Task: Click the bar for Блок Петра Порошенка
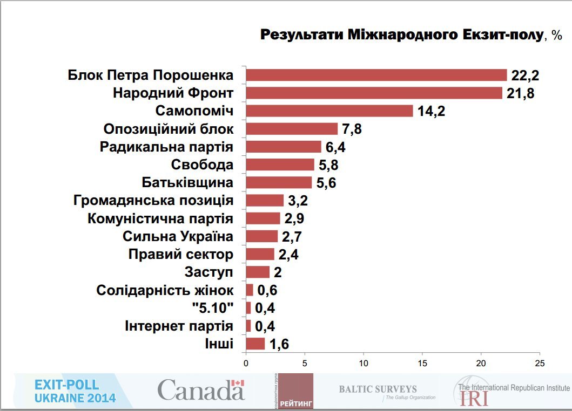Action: pos(376,75)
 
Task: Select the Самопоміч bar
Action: pos(329,111)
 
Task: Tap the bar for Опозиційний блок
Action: pos(292,129)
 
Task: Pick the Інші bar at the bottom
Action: pos(255,344)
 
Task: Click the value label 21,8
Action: pos(521,93)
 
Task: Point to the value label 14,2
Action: pos(431,112)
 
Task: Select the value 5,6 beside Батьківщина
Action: pos(326,183)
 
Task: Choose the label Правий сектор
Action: pos(181,254)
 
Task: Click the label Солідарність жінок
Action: pos(165,290)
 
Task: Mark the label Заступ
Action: pos(209,272)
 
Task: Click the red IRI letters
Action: pos(474,398)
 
